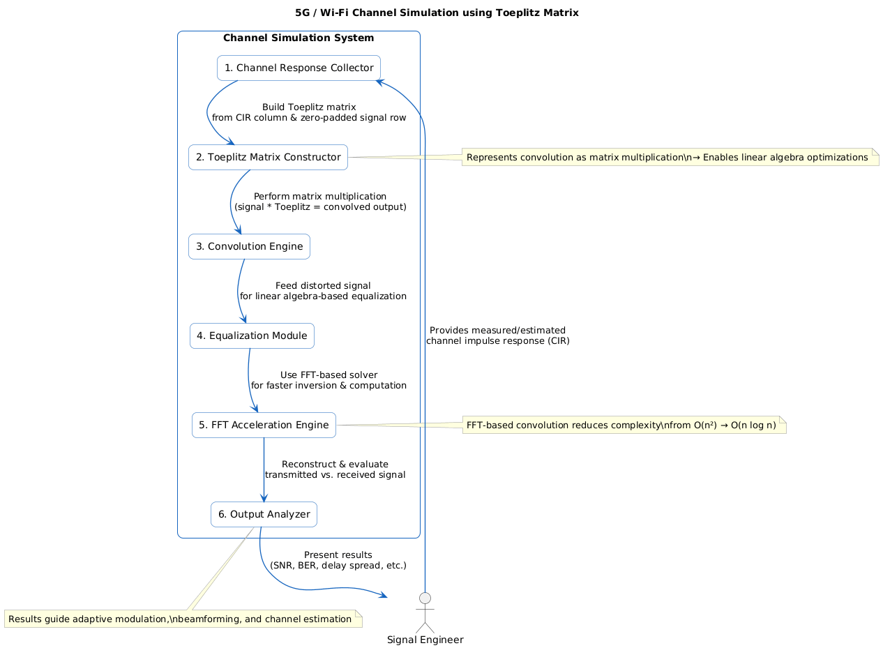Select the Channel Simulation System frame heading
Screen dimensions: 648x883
coord(299,38)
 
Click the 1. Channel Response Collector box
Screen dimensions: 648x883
coord(299,68)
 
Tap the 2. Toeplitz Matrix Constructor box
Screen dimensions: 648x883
coord(268,157)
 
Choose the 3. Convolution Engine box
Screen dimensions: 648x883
coord(249,246)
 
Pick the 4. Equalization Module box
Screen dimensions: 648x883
coord(252,336)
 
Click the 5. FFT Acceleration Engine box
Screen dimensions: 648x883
coord(264,425)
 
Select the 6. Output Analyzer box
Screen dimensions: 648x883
coord(264,514)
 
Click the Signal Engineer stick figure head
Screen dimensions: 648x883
coord(425,598)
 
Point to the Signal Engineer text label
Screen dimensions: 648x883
coord(425,640)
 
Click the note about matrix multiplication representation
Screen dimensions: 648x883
coord(667,158)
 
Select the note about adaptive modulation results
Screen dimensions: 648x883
coord(180,619)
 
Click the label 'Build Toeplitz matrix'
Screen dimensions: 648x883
coord(309,107)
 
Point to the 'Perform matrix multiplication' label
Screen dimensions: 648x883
coord(320,196)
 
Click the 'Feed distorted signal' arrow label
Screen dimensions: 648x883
coord(323,285)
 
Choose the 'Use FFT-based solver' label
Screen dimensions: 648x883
coord(329,375)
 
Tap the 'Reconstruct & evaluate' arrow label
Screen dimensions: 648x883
coord(335,464)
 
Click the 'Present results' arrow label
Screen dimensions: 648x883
coord(338,555)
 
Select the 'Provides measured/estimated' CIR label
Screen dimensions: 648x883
coord(497,330)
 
